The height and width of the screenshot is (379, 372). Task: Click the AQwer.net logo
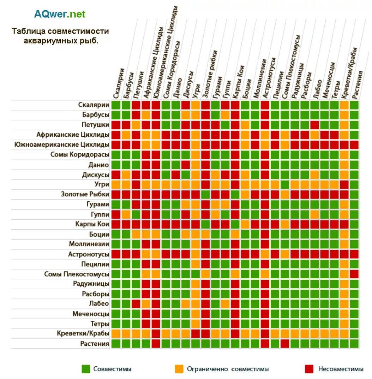pyautogui.click(x=60, y=14)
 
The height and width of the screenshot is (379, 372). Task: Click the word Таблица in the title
pyautogui.click(x=26, y=31)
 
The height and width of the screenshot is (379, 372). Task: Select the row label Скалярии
pyautogui.click(x=94, y=105)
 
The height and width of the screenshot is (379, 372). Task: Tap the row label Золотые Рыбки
pyautogui.click(x=85, y=194)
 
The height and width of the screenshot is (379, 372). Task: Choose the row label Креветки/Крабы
pyautogui.click(x=83, y=333)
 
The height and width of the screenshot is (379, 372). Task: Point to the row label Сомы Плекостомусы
pyautogui.click(x=77, y=274)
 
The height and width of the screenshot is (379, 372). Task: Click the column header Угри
pyautogui.click(x=197, y=90)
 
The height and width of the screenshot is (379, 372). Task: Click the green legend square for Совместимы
pyautogui.click(x=86, y=369)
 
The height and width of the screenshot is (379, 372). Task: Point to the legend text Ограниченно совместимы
pyautogui.click(x=228, y=369)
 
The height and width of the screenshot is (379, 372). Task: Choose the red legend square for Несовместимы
pyautogui.click(x=309, y=369)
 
